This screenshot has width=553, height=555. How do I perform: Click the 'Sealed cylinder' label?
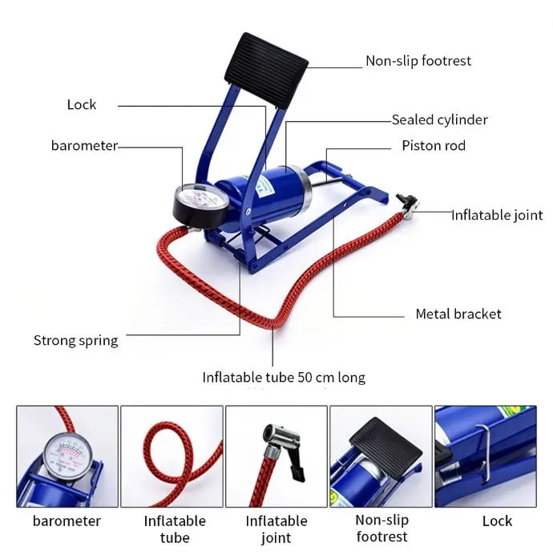[439, 120]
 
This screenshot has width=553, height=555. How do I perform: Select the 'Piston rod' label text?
[433, 146]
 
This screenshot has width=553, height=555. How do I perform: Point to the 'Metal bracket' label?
[458, 314]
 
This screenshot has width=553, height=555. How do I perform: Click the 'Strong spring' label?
[75, 340]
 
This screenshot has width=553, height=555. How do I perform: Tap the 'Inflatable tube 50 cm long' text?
[284, 377]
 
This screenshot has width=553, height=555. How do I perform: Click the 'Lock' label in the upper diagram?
[81, 104]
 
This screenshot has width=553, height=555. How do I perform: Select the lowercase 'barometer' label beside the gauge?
[84, 145]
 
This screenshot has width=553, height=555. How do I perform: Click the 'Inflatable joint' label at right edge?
[497, 215]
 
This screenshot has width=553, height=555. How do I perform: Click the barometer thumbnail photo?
[67, 456]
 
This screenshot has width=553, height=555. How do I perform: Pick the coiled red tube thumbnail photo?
[172, 456]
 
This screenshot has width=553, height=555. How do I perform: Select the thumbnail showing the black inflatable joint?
[276, 456]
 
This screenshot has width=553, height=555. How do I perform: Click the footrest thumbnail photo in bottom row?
[381, 456]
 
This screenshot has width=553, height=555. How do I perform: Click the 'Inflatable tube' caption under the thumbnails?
[175, 529]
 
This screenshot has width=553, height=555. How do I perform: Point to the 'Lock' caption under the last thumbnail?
[497, 521]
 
